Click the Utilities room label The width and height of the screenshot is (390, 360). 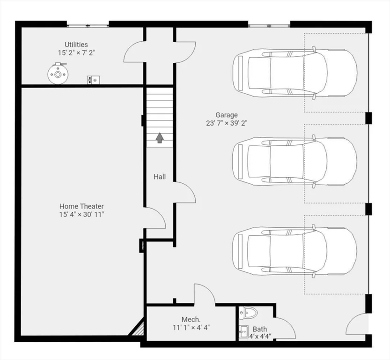coord(76,45)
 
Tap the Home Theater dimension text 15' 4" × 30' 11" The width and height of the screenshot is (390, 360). coord(81,214)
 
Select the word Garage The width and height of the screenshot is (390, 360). coord(227,115)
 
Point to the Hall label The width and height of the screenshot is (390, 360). coord(160,177)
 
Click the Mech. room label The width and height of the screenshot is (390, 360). coord(191,319)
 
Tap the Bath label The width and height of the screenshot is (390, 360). coord(260,329)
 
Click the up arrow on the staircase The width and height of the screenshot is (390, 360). coord(160,138)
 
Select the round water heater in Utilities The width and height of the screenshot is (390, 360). coord(58,74)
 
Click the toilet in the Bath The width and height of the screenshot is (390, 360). coord(248,313)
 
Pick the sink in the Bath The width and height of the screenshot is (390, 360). coord(243,331)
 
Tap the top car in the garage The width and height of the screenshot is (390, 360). coord(295,73)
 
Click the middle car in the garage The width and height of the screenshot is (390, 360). coord(295,161)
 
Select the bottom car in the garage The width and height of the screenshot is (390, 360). coord(295,251)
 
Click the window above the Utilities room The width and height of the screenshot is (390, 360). coord(88,25)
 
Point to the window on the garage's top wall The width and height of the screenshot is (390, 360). coord(269,25)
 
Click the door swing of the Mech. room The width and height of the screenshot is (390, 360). coord(205,294)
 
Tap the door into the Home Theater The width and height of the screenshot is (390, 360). coord(155,218)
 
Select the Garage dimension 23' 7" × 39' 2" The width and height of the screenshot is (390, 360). coord(227,123)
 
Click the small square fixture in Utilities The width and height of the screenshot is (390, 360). coord(93,80)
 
